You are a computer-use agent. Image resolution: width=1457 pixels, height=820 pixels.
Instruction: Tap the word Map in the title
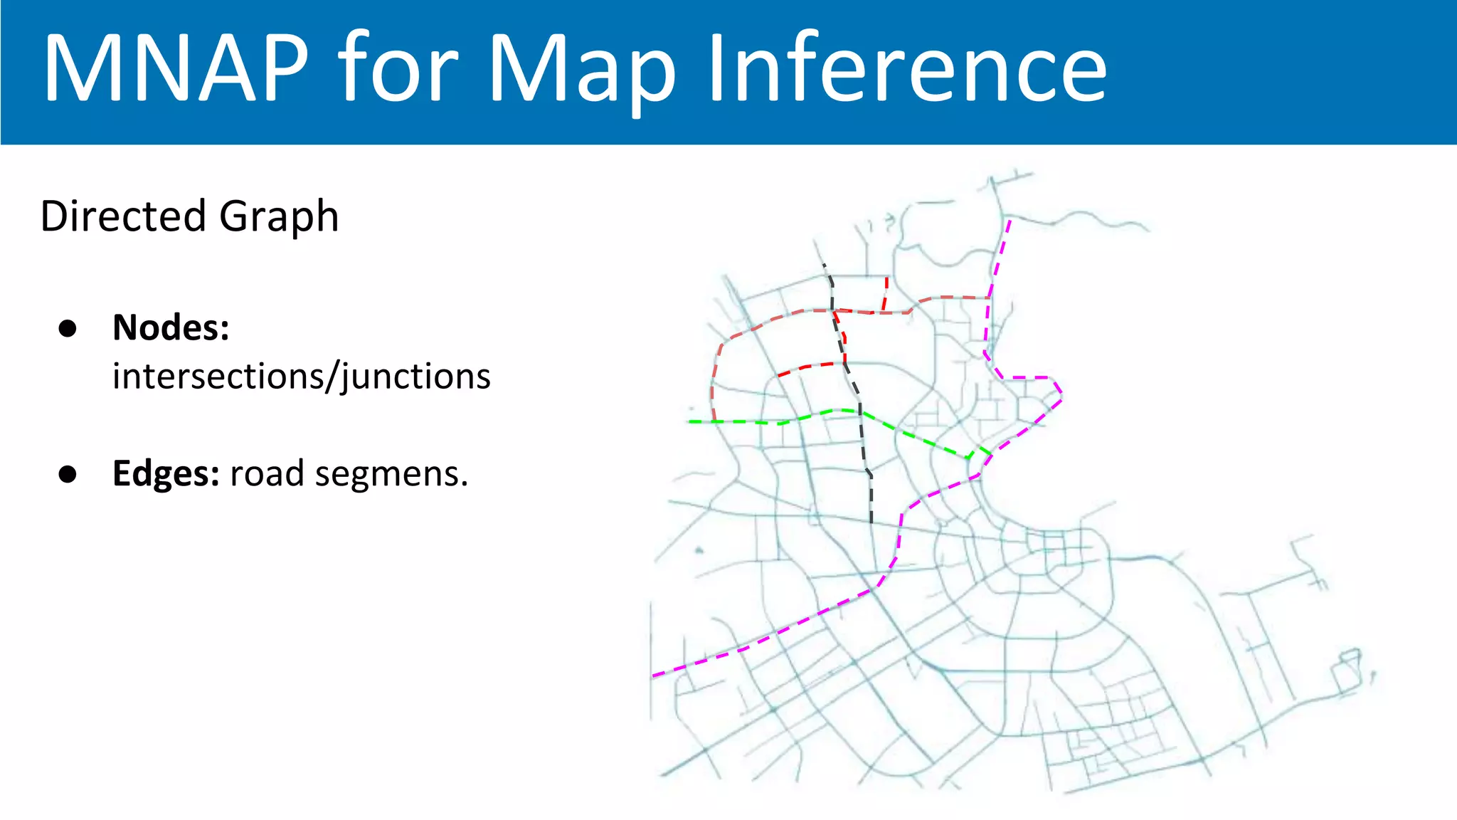click(x=582, y=71)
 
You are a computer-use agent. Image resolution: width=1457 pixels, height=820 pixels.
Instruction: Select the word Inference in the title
click(x=907, y=69)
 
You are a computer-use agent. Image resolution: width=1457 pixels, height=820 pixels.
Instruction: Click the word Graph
click(x=279, y=217)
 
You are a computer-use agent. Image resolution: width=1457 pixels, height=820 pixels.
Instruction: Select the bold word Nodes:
click(x=171, y=327)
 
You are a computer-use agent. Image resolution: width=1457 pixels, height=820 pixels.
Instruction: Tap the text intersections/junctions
click(x=301, y=377)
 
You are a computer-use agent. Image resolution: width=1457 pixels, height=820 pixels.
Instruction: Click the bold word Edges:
click(x=166, y=473)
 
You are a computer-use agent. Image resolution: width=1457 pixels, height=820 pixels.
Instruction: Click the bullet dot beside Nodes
click(x=68, y=328)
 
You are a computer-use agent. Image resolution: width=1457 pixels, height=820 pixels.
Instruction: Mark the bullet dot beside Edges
click(x=68, y=474)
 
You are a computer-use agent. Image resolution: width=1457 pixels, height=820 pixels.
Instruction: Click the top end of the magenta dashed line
click(x=1010, y=221)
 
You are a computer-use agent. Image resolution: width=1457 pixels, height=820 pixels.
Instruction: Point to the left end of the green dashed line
click(x=690, y=422)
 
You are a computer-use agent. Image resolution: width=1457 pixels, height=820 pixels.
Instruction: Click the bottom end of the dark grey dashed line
click(x=871, y=522)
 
